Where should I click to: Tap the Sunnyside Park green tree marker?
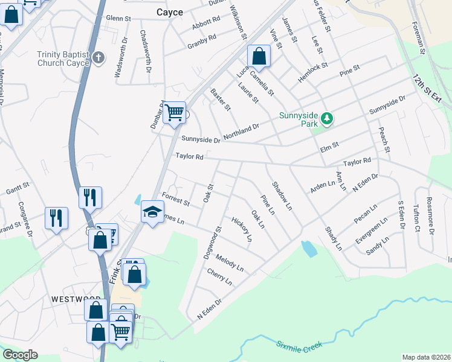tap(327, 118)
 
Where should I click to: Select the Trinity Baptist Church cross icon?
tap(99, 58)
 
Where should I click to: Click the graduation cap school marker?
tap(152, 212)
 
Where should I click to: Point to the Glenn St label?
tap(118, 19)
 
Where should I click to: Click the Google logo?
tap(20, 355)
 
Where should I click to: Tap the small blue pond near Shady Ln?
tap(308, 248)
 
